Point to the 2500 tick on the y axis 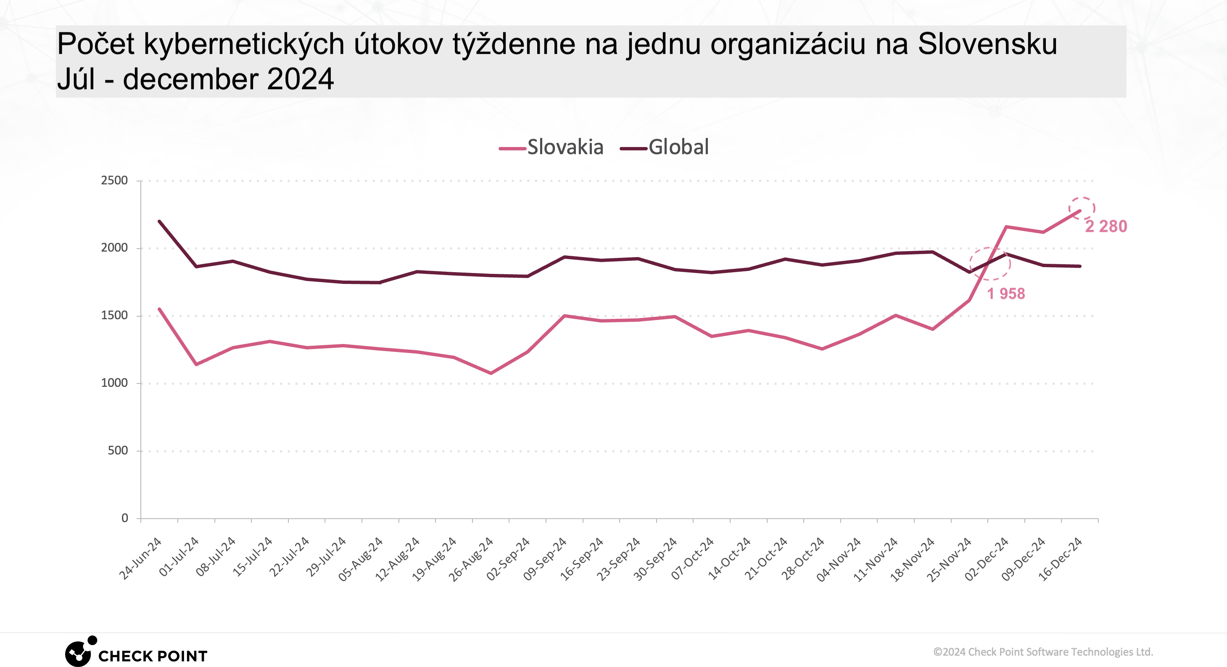pyautogui.click(x=114, y=181)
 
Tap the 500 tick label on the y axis pyautogui.click(x=118, y=450)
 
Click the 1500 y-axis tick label pyautogui.click(x=114, y=315)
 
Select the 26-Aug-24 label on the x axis pyautogui.click(x=471, y=559)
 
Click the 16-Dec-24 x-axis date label pyautogui.click(x=1060, y=559)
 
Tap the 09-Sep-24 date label pyautogui.click(x=544, y=559)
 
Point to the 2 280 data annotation pyautogui.click(x=1106, y=226)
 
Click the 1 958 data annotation pyautogui.click(x=1005, y=294)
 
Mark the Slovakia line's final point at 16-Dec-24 pyautogui.click(x=1079, y=211)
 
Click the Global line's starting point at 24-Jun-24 pyautogui.click(x=159, y=221)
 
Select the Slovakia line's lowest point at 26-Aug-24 pyautogui.click(x=491, y=373)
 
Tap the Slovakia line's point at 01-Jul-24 pyautogui.click(x=196, y=365)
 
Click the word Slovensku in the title pyautogui.click(x=987, y=44)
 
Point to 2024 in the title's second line pyautogui.click(x=300, y=79)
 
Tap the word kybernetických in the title pyautogui.click(x=244, y=44)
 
